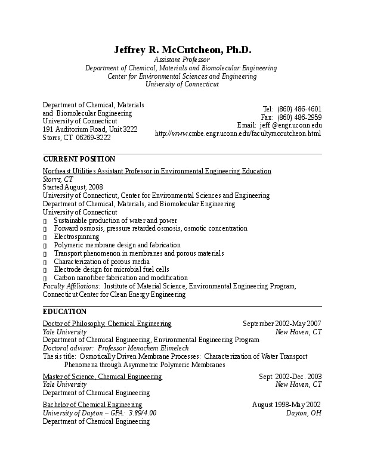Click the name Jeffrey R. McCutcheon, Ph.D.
point(182,50)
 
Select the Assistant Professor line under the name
point(182,60)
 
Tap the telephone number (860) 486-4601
point(299,109)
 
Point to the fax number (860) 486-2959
point(299,117)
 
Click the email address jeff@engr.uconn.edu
point(291,125)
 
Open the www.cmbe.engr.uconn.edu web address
point(238,133)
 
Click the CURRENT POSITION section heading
point(79,159)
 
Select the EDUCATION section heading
point(65,312)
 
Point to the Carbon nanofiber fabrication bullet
point(120,278)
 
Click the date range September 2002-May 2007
point(282,324)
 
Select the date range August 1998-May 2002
point(287,405)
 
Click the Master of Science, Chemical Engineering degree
point(102,377)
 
